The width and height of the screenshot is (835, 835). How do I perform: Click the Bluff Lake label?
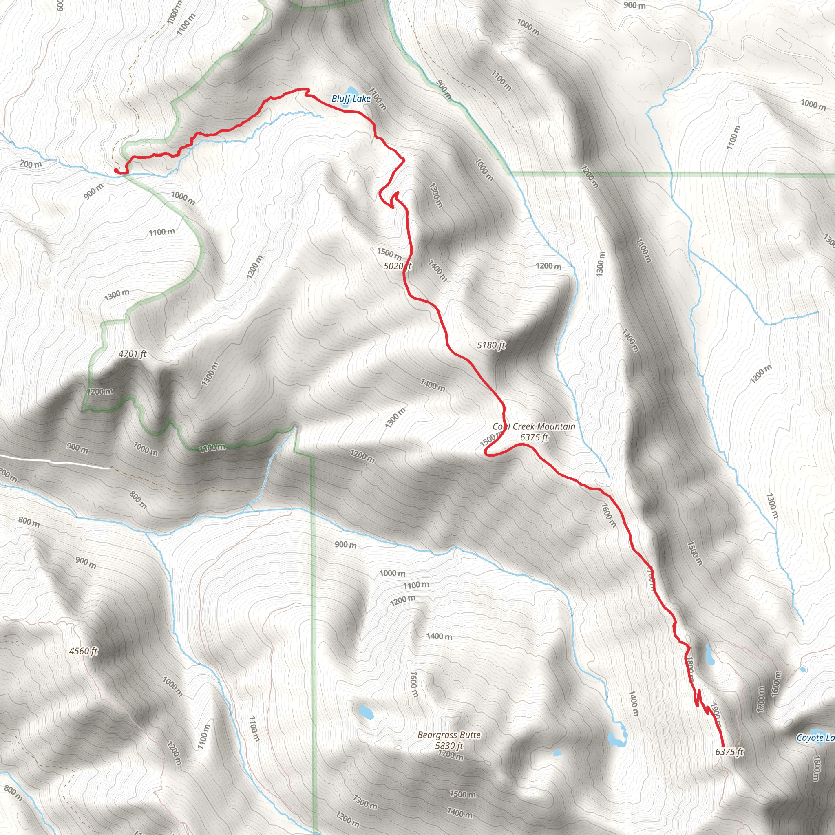pyautogui.click(x=351, y=99)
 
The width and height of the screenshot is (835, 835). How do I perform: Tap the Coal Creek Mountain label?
pyautogui.click(x=534, y=426)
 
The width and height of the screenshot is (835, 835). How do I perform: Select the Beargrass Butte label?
pyautogui.click(x=448, y=735)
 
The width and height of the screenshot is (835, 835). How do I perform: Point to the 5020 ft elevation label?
pyautogui.click(x=397, y=266)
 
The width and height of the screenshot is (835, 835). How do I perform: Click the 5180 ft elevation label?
pyautogui.click(x=490, y=345)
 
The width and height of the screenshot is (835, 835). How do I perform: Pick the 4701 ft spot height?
pyautogui.click(x=132, y=354)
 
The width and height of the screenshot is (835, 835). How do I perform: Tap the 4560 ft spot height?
pyautogui.click(x=84, y=651)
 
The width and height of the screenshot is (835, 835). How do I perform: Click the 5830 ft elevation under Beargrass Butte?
pyautogui.click(x=448, y=745)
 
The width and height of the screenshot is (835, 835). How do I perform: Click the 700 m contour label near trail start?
pyautogui.click(x=31, y=164)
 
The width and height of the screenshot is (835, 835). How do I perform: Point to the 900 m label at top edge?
pyautogui.click(x=634, y=6)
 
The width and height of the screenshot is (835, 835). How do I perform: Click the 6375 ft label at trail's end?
pyautogui.click(x=729, y=751)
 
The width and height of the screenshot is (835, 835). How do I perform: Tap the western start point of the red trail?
pyautogui.click(x=116, y=170)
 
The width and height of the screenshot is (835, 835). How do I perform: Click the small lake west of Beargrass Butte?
pyautogui.click(x=366, y=712)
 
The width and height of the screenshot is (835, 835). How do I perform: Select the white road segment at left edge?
pyautogui.click(x=56, y=461)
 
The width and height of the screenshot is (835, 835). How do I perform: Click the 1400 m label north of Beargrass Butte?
pyautogui.click(x=439, y=636)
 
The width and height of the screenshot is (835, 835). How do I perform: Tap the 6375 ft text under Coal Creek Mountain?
pyautogui.click(x=534, y=437)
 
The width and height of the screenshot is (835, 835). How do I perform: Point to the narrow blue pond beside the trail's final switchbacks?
pyautogui.click(x=709, y=655)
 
